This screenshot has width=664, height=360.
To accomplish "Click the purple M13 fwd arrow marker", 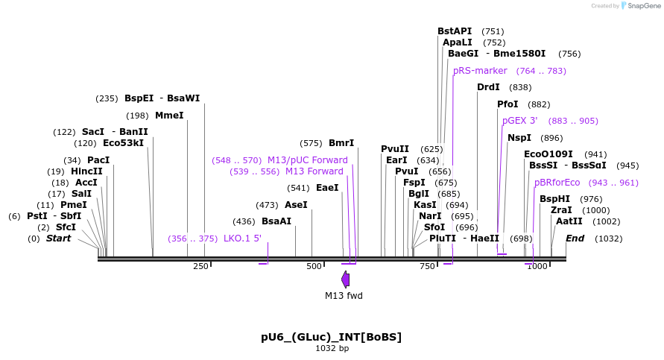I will click(x=345, y=280).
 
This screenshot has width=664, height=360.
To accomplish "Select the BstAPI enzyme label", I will click(x=455, y=31).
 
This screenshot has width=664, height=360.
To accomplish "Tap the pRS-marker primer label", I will click(x=480, y=71).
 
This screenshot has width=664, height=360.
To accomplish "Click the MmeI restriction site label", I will click(x=169, y=116).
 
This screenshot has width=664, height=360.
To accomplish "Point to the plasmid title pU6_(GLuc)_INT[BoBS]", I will click(x=331, y=337).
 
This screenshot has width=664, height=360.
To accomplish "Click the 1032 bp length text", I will click(x=332, y=348).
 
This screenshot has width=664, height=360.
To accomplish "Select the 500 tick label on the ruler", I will click(x=314, y=266).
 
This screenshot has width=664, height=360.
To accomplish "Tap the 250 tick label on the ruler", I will click(x=200, y=266).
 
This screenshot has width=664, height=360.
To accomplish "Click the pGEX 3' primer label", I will click(x=519, y=121).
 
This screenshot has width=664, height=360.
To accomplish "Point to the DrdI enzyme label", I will click(x=488, y=87).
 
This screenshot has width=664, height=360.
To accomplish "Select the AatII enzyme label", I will click(x=569, y=221).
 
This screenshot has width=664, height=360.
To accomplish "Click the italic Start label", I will click(x=59, y=239).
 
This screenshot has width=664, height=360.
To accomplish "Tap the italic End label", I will click(x=575, y=239).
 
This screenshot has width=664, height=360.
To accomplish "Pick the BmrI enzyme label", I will click(x=341, y=143).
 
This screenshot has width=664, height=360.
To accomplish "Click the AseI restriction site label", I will click(x=296, y=205).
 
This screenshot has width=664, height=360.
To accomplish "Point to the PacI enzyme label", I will click(x=98, y=160).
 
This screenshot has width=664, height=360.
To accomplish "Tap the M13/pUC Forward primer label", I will click(x=308, y=160).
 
